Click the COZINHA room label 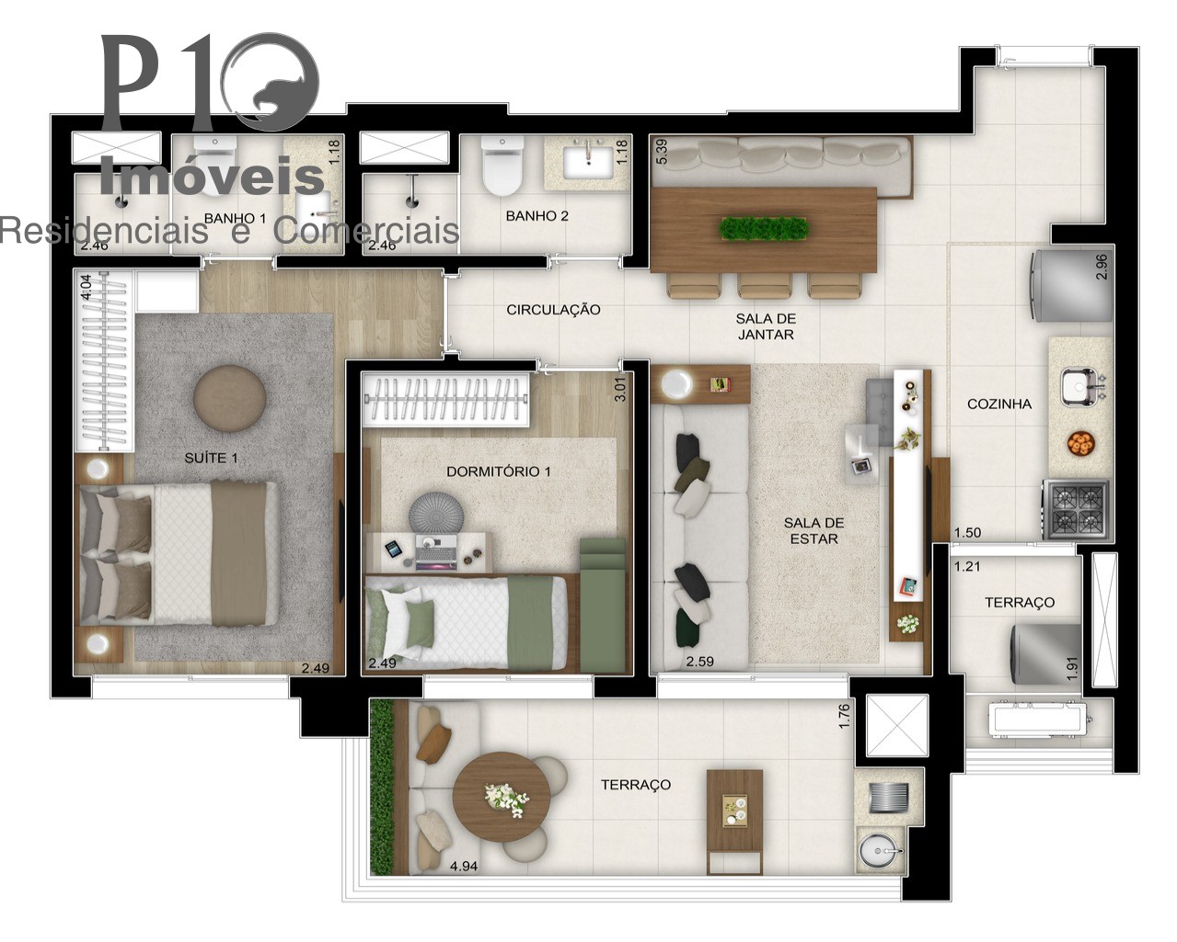(999, 404)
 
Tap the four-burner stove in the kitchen (1076, 510)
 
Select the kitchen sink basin (1078, 387)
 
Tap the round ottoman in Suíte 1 (230, 398)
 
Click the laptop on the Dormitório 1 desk (435, 551)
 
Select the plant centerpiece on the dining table (764, 228)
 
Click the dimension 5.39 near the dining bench (662, 152)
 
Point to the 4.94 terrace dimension (463, 866)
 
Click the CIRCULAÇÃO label (553, 310)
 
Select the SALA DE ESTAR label (814, 531)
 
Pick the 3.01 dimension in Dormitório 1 (619, 389)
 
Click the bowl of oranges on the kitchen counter (1080, 443)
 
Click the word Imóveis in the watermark (213, 176)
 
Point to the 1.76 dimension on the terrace (844, 716)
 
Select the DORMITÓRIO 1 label (498, 471)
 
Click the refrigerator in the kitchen (1071, 285)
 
